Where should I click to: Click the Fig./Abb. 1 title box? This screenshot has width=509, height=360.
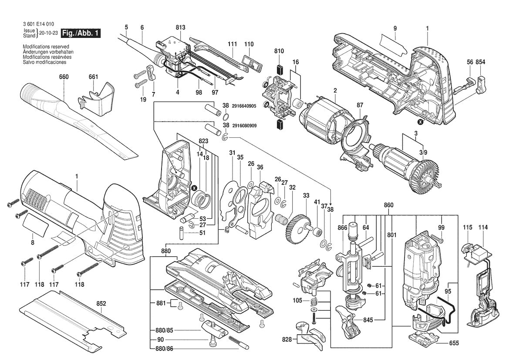tap(81, 33)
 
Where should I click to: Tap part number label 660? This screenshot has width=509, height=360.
tap(64, 77)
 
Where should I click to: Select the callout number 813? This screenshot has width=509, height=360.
tap(180, 27)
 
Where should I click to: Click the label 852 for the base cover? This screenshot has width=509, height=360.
tap(101, 303)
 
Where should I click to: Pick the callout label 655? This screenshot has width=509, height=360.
tap(454, 343)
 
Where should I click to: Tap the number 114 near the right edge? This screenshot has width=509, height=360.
tap(483, 228)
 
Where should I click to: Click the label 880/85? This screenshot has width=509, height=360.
tap(164, 330)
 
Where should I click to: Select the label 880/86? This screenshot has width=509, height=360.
tap(164, 348)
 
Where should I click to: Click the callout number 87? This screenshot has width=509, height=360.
tap(360, 105)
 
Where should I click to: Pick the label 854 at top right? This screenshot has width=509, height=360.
tap(480, 62)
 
